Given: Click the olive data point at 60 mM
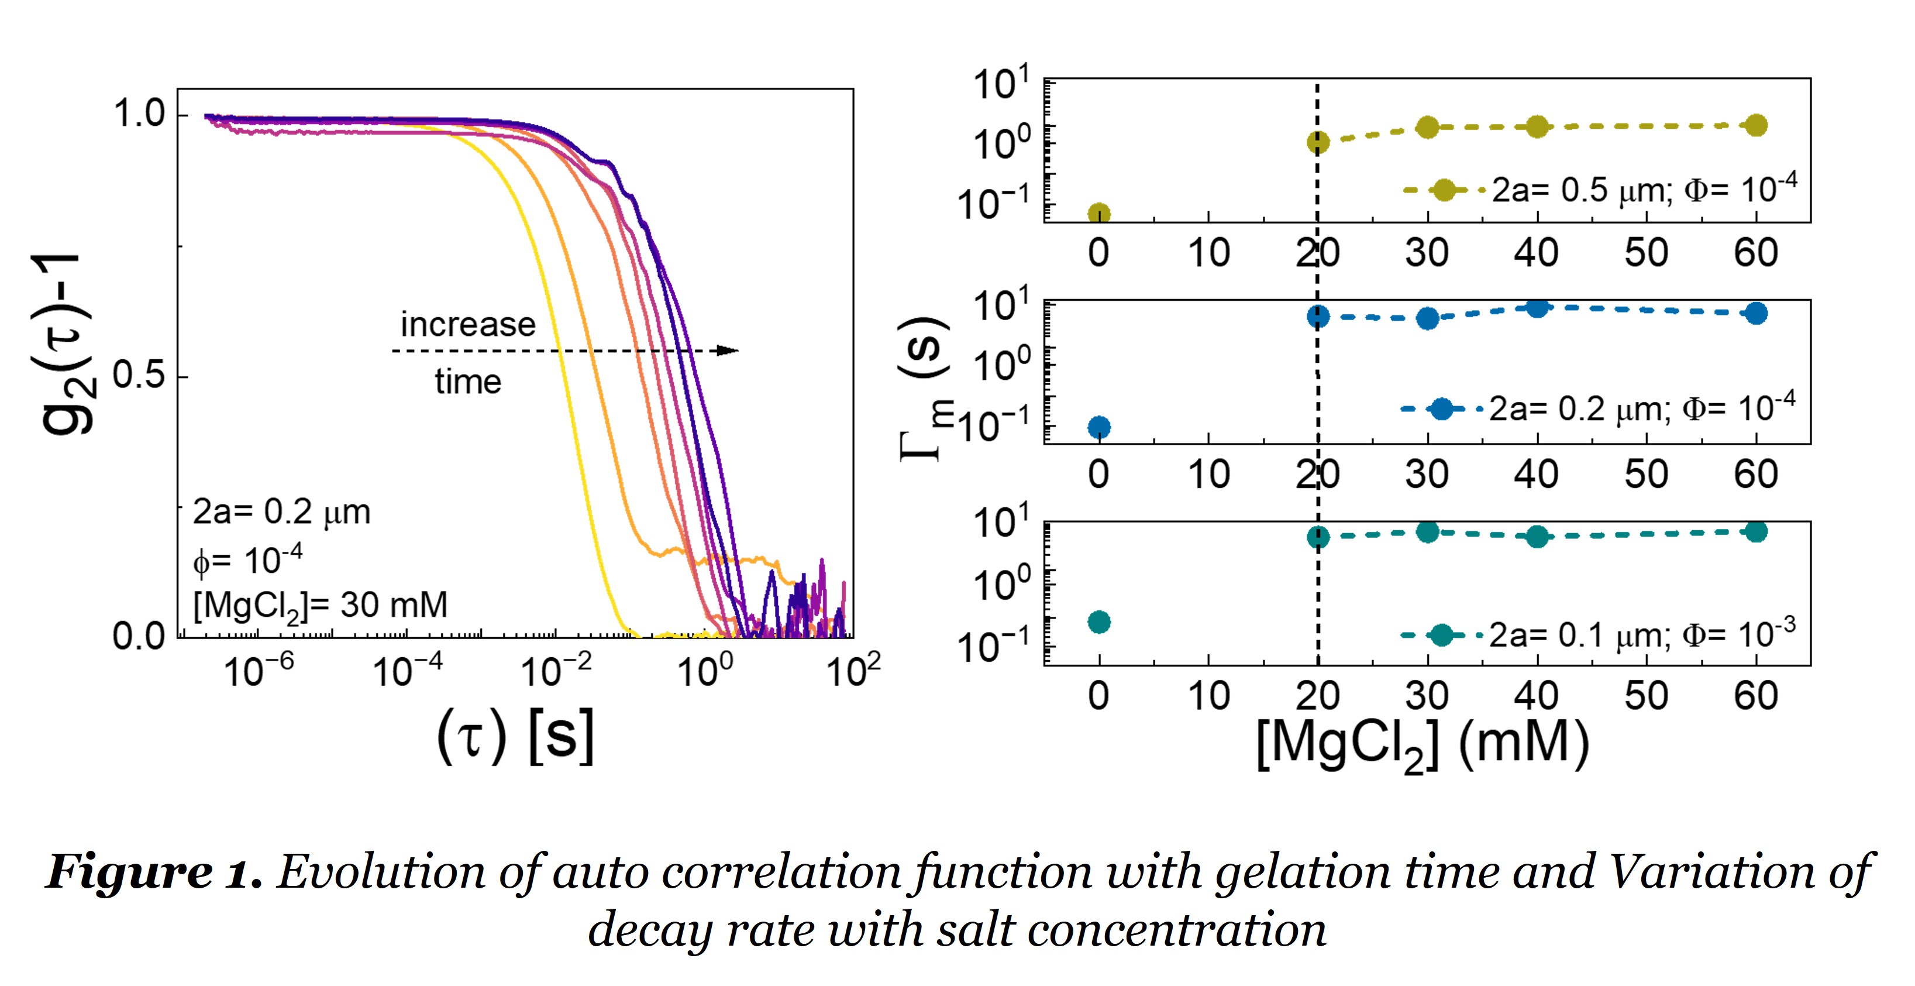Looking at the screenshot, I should pyautogui.click(x=1756, y=126).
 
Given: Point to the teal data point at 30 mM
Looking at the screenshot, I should pyautogui.click(x=1427, y=532).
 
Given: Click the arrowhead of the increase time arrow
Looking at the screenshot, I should pyautogui.click(x=729, y=351).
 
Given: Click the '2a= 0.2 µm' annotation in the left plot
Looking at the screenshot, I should pyautogui.click(x=281, y=513).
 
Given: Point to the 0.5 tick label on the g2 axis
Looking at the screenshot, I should pyautogui.click(x=139, y=376).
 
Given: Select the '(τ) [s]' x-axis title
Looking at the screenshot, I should pyautogui.click(x=515, y=736).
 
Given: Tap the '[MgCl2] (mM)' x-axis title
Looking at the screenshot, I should pyautogui.click(x=1422, y=745).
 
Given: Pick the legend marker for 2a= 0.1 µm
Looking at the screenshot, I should pyautogui.click(x=1441, y=635).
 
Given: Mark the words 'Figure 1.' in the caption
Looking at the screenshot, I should pyautogui.click(x=154, y=871).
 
